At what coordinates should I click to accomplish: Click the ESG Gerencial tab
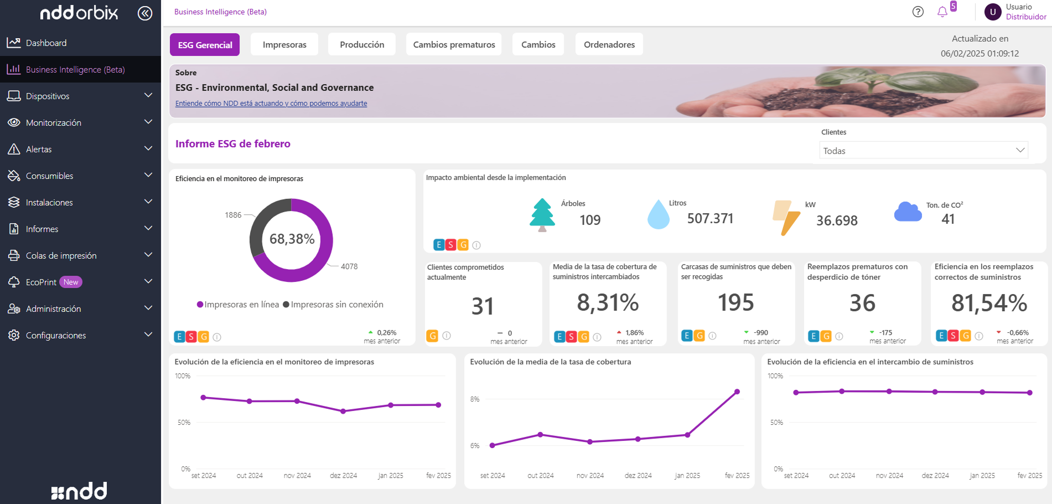[205, 45]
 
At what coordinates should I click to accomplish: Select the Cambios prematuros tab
[454, 45]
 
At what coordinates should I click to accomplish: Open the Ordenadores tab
[609, 45]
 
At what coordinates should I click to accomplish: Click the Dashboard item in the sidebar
[46, 43]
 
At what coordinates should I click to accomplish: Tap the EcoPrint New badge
[71, 282]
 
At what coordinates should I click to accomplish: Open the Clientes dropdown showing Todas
[923, 151]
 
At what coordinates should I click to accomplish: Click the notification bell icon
[942, 12]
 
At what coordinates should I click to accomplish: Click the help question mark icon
[918, 12]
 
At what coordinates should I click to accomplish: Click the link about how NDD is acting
[271, 104]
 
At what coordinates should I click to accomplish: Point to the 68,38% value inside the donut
[292, 239]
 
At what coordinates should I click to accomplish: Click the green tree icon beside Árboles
[542, 215]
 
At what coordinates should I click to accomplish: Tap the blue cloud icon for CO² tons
[908, 212]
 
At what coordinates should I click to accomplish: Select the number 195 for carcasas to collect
[735, 303]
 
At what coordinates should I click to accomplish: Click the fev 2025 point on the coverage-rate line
[737, 392]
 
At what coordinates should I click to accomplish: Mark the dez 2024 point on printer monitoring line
[343, 412]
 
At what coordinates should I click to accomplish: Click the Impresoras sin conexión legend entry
[333, 305]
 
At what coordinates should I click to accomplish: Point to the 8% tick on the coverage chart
[475, 399]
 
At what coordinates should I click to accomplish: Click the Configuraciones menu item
[56, 336]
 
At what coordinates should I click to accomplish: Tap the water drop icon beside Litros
[658, 215]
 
